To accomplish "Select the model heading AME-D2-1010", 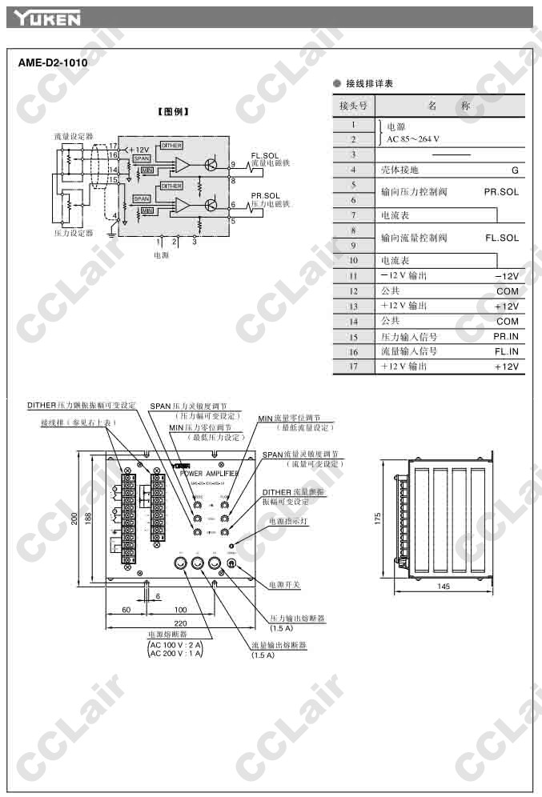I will point(52,62).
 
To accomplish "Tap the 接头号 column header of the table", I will point(353,106).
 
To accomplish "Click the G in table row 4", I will point(515,170).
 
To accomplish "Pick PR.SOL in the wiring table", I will point(501,192).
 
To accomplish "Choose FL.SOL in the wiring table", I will point(501,238).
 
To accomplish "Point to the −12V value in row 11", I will point(507,275).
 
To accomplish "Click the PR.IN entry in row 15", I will point(506,337).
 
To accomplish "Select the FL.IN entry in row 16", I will point(506,351).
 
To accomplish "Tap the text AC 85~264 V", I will point(413,138).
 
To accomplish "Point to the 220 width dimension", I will point(180,623).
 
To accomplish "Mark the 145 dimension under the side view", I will point(444,587).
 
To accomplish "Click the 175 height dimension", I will point(377,519).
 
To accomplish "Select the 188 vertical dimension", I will point(88,519).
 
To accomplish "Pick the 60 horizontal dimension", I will point(126,610).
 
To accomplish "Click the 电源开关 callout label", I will point(284,585).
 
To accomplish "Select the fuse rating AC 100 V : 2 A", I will point(176,644).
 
